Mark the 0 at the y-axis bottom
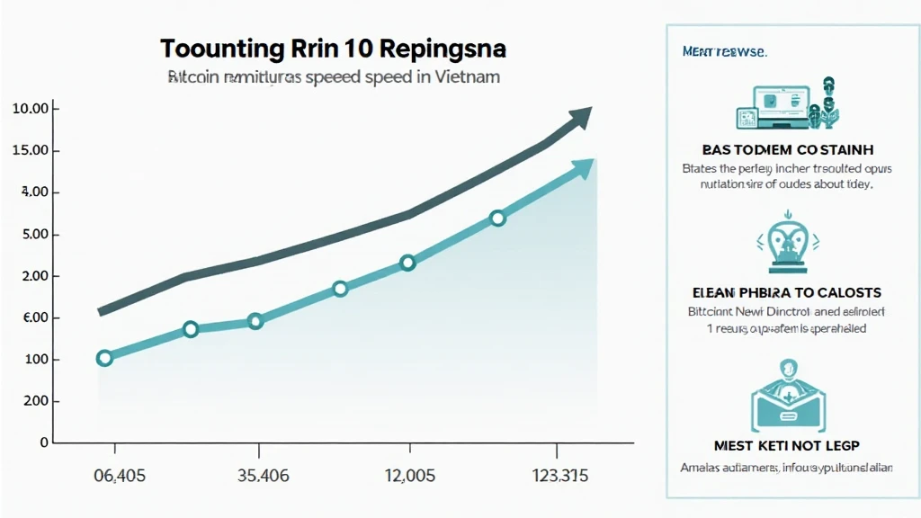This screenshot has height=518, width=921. [x=42, y=443]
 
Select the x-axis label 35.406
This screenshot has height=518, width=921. [x=259, y=475]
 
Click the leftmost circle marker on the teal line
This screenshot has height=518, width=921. [x=104, y=358]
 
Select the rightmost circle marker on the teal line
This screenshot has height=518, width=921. [x=497, y=219]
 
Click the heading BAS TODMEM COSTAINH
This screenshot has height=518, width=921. [x=787, y=149]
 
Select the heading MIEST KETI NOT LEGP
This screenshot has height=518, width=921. [x=787, y=445]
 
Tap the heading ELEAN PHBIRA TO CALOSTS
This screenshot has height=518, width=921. [x=787, y=293]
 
